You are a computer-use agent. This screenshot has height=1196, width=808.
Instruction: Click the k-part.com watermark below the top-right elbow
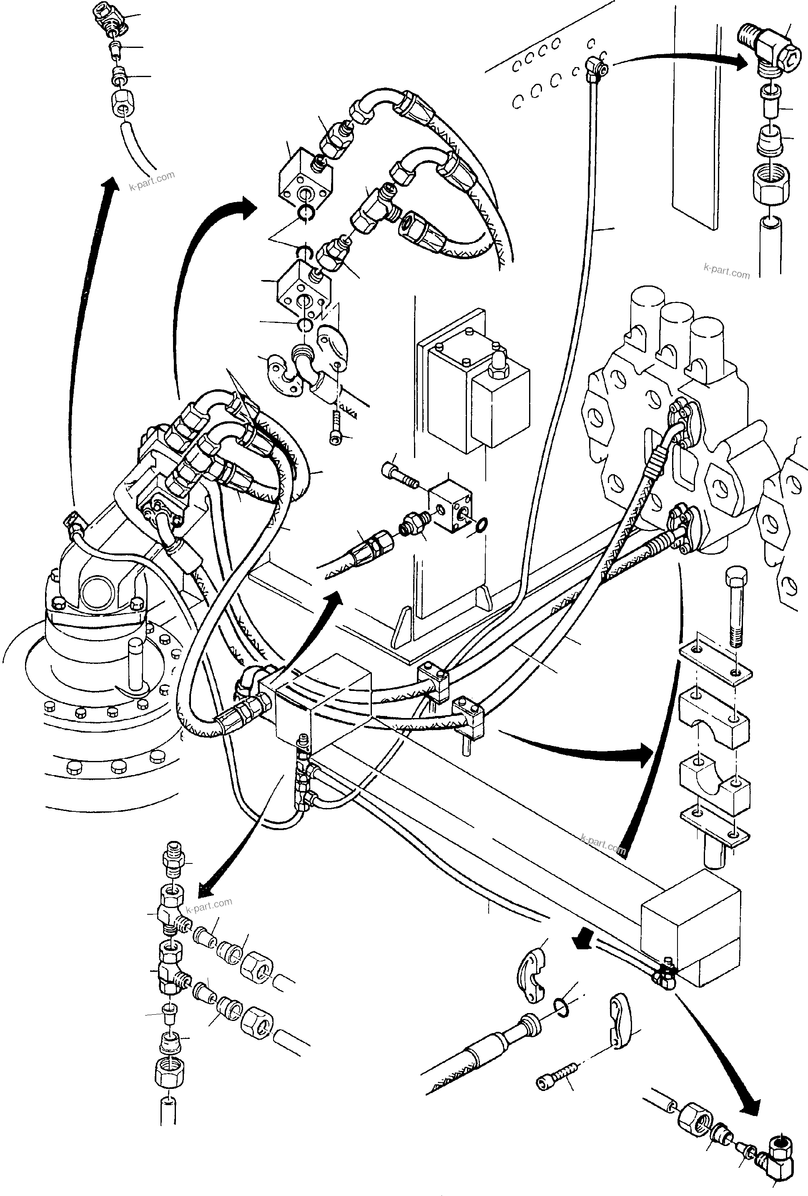pyautogui.click(x=727, y=271)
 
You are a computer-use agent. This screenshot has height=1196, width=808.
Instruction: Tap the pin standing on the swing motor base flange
pyautogui.click(x=136, y=664)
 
